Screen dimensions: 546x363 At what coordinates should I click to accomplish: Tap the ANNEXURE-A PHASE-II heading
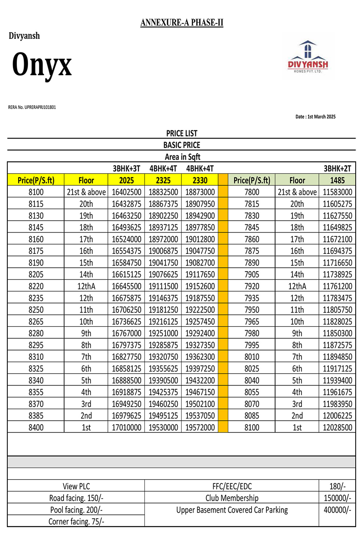click(x=182, y=23)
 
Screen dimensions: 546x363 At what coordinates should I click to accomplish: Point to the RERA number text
click(x=32, y=107)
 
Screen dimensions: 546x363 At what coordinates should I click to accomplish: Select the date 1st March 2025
click(x=315, y=117)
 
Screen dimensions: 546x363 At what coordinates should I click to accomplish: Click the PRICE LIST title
click(x=181, y=133)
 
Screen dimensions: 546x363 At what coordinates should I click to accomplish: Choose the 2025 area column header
click(x=126, y=180)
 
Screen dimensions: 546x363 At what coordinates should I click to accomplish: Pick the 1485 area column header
click(x=337, y=180)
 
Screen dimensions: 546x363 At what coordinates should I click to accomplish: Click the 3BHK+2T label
click(x=337, y=168)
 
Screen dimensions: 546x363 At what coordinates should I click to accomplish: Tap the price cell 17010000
click(x=126, y=428)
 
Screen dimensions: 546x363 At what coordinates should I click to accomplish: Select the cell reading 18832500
click(x=163, y=192)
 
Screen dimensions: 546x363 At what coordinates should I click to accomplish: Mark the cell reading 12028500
click(x=337, y=428)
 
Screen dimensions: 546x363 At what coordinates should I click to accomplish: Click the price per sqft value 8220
click(x=36, y=286)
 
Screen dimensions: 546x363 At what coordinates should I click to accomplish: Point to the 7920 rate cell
click(x=252, y=286)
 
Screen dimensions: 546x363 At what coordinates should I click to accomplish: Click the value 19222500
click(x=200, y=310)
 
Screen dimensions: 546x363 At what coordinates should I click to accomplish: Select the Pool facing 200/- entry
click(x=76, y=510)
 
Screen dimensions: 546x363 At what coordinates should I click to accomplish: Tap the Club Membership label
click(x=232, y=498)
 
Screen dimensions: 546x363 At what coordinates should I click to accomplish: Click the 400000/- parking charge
click(x=337, y=510)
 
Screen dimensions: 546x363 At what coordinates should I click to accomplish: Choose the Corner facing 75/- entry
click(x=76, y=522)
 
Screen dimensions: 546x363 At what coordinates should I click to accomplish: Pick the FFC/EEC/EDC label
click(x=232, y=486)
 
